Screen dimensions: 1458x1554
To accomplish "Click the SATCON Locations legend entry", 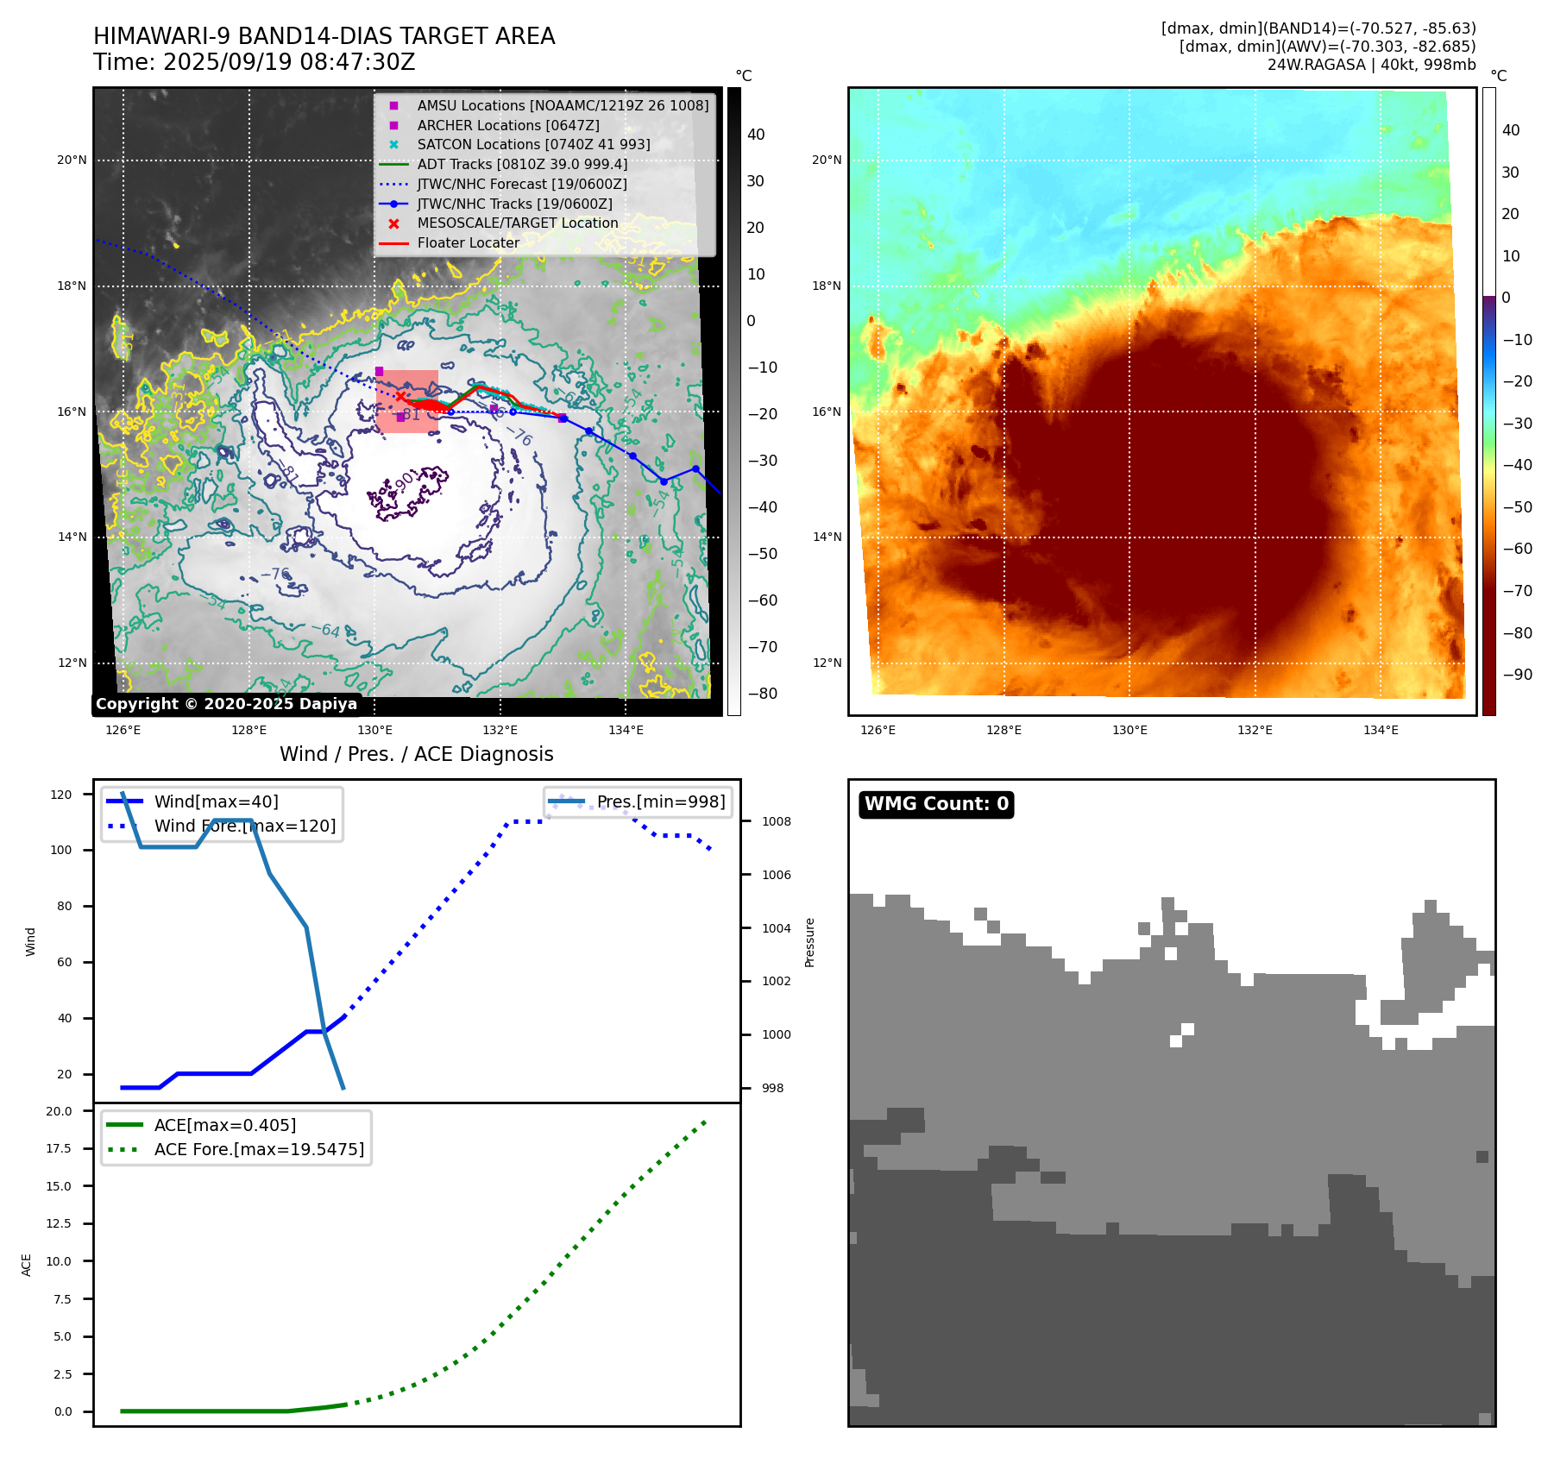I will (x=533, y=145).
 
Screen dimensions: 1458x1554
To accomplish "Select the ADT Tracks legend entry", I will (x=522, y=165).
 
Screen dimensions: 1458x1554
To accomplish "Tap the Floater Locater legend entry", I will (x=468, y=243).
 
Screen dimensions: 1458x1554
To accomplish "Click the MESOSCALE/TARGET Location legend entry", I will (x=517, y=223).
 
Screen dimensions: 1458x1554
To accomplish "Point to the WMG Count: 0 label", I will (x=936, y=804).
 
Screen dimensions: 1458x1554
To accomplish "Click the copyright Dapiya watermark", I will (x=226, y=704).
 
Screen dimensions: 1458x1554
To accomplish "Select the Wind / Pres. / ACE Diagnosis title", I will (x=416, y=754).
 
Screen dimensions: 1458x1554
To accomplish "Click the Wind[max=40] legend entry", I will (x=216, y=802).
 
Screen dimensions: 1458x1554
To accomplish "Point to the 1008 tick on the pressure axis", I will (x=776, y=821).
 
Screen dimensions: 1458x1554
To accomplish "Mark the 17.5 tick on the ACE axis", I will (x=60, y=1148).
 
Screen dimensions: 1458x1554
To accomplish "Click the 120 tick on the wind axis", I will (x=61, y=795).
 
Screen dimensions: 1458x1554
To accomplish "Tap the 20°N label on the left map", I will (x=72, y=160).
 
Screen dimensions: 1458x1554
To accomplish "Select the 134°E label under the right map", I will (x=1381, y=730).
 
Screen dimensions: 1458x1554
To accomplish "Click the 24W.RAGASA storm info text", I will (x=1371, y=65).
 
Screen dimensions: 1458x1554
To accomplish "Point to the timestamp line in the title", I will (x=255, y=63).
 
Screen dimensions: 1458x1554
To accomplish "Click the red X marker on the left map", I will (x=400, y=396).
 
